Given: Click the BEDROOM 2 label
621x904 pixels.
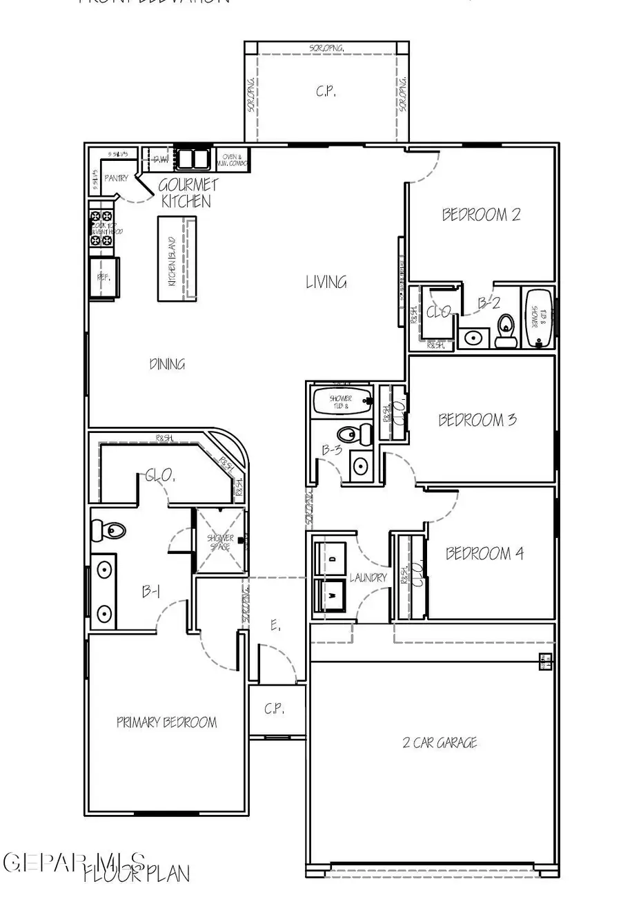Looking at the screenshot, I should (481, 215).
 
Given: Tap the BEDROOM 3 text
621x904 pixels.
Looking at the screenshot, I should (477, 420).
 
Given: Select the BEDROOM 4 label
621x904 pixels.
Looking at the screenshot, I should (484, 554).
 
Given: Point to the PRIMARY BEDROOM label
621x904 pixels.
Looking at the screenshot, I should (166, 723).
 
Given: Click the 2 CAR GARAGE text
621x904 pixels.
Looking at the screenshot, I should (440, 743).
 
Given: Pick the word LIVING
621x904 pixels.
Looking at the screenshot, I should (326, 282).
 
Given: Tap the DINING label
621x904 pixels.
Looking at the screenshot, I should (167, 364).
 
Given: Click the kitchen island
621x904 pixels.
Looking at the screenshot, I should (177, 258).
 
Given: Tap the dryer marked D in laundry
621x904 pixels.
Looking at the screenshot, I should (331, 558).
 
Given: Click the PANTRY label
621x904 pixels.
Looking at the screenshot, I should (116, 178).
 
